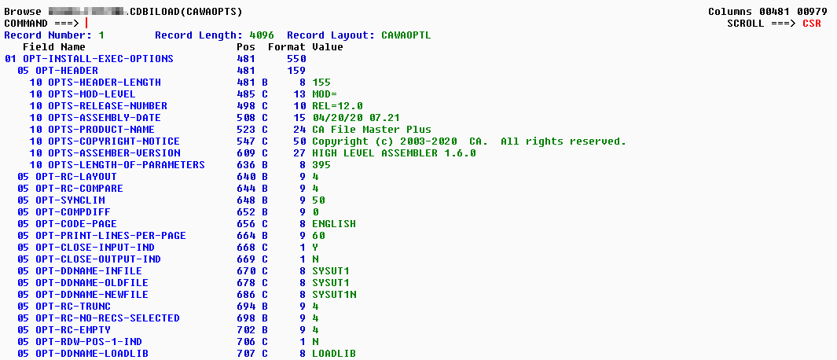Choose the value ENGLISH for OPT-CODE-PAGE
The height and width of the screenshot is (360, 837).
click(333, 224)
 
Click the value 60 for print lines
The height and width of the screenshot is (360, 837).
click(318, 236)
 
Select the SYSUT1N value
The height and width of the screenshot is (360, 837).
click(333, 295)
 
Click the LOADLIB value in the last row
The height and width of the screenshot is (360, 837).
click(333, 354)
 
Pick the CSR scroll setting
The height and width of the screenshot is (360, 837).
click(811, 24)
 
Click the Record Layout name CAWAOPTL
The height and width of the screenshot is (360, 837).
click(406, 35)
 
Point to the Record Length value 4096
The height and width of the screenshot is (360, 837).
click(262, 35)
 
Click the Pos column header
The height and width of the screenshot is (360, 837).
click(246, 47)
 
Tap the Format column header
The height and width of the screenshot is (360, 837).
click(287, 47)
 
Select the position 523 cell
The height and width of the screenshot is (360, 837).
click(246, 130)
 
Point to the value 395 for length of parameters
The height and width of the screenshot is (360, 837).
click(321, 165)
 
